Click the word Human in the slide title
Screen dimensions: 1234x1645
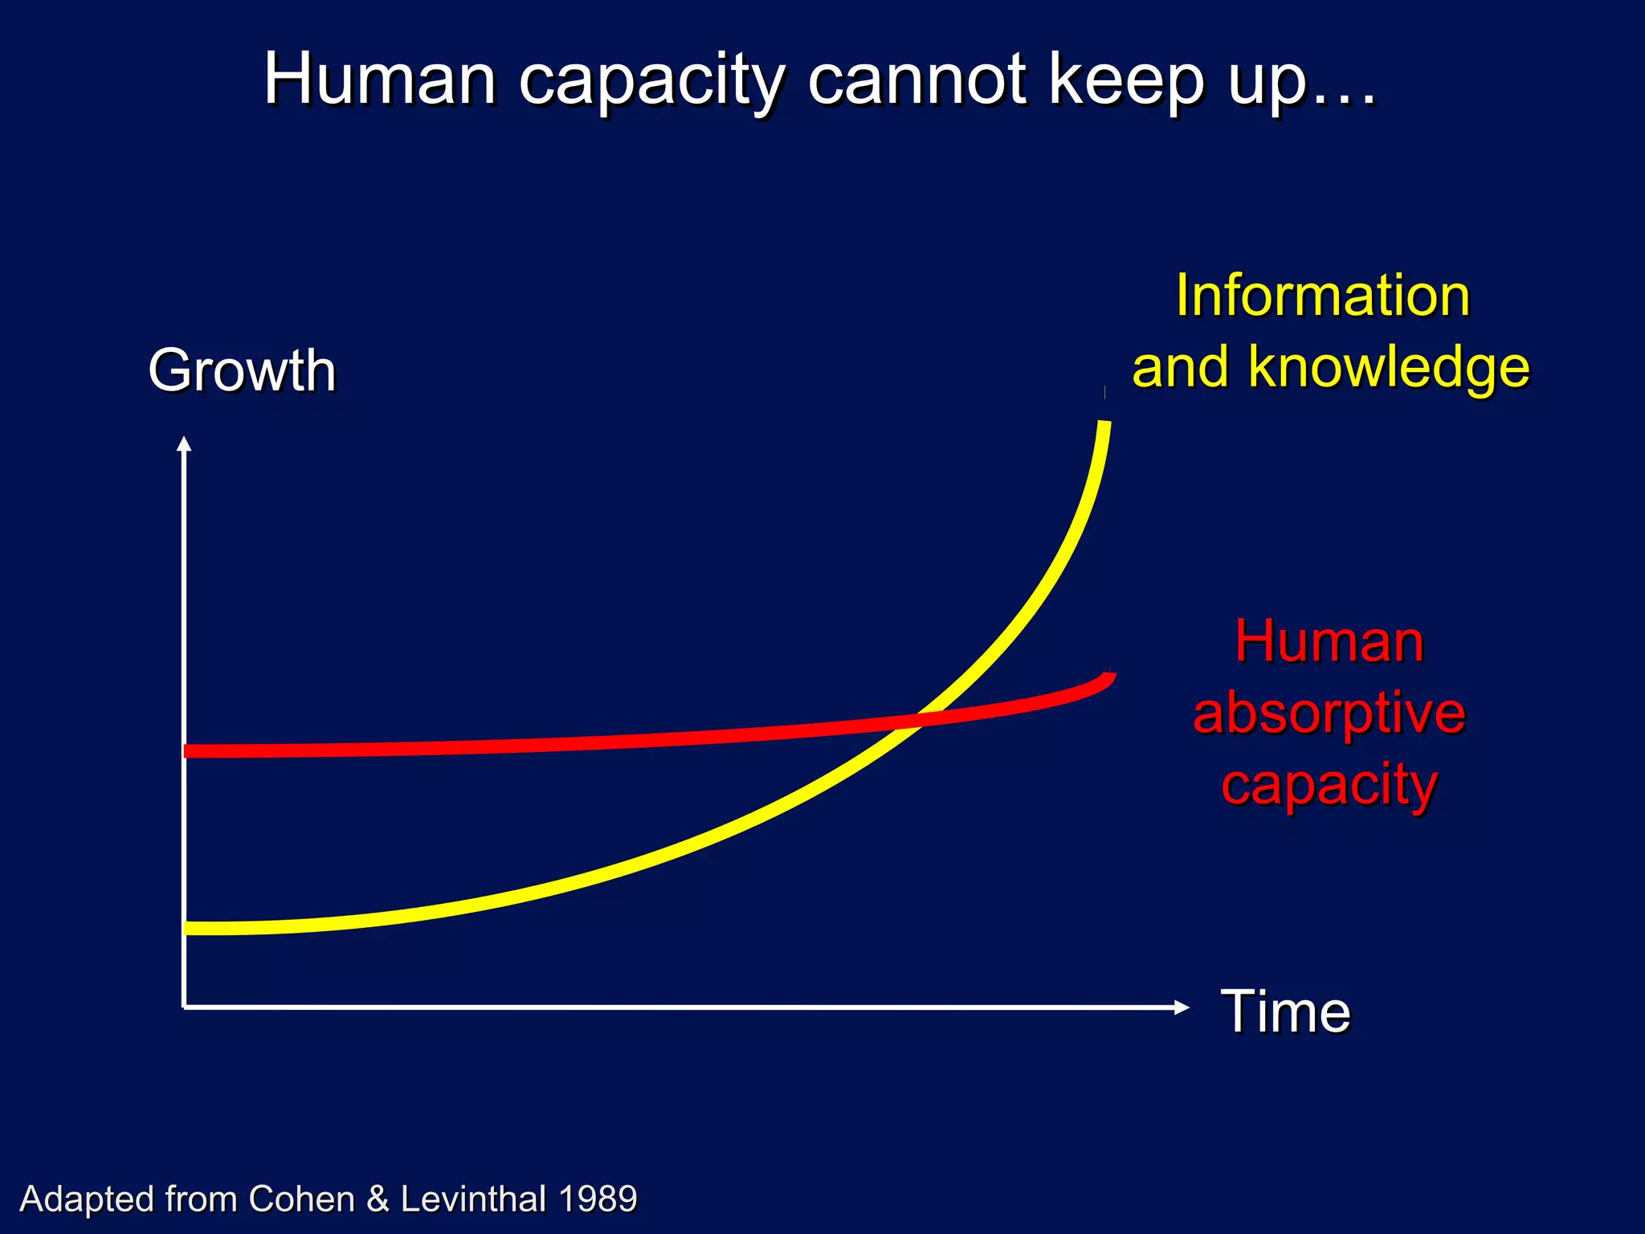pos(380,80)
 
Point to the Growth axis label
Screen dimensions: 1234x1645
pos(242,370)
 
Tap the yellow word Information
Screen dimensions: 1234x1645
pos(1323,296)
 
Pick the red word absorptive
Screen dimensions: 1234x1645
pos(1329,713)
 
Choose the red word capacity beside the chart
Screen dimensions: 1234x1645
pos(1329,785)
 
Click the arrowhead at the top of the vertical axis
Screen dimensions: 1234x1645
pos(184,443)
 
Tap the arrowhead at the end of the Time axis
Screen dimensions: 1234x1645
pos(1182,1007)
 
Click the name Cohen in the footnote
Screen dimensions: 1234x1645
pos(301,1199)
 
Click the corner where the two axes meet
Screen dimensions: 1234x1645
pos(185,1007)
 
